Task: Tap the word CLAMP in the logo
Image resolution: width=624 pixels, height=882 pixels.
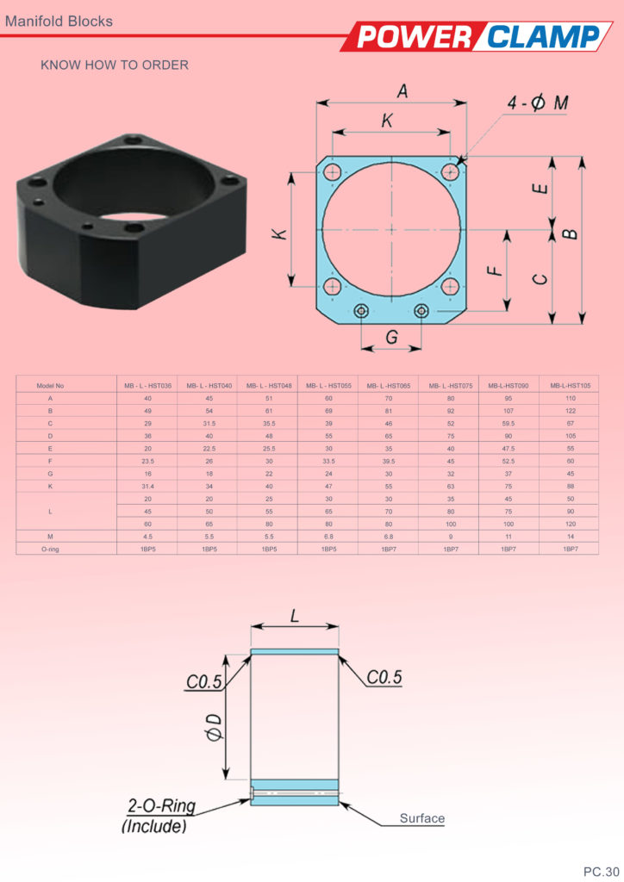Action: (542, 37)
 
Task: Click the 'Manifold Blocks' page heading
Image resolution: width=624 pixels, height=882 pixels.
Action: (59, 21)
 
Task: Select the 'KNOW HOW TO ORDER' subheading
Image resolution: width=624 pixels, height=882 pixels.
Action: (115, 65)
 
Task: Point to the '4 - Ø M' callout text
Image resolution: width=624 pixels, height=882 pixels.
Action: (538, 104)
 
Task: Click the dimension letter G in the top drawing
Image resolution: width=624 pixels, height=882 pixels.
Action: (391, 338)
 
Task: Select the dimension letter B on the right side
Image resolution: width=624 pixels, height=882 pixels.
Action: (569, 233)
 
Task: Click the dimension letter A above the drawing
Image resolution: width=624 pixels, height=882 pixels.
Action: (402, 90)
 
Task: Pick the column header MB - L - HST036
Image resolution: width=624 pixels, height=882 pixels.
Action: (147, 385)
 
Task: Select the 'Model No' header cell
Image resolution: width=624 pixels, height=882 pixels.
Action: (50, 385)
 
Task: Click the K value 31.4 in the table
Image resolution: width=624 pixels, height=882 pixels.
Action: (147, 485)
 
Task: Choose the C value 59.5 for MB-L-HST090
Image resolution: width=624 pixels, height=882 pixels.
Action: (509, 423)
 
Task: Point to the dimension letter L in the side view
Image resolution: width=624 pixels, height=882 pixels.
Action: (294, 618)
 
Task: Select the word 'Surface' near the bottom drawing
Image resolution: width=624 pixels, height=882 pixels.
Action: (421, 818)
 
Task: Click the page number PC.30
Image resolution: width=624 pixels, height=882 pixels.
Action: (602, 870)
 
